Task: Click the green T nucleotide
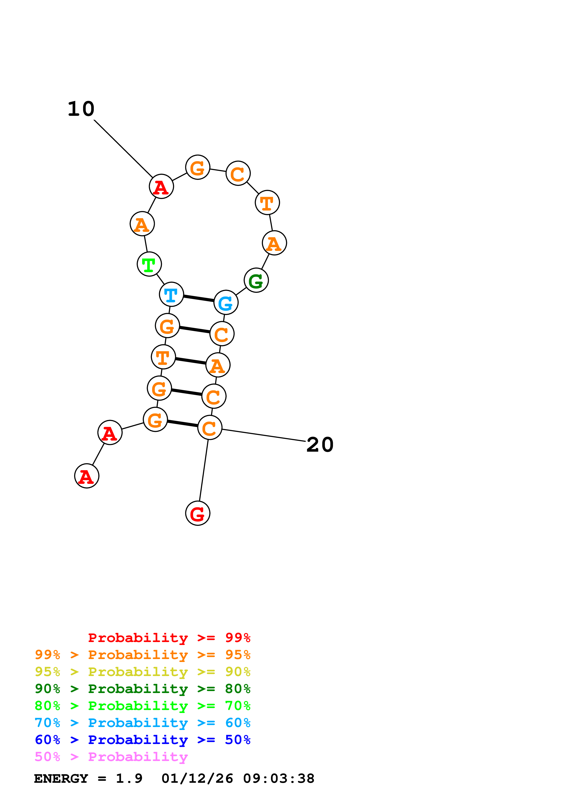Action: (149, 264)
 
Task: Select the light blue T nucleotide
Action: (171, 294)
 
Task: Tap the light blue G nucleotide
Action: (226, 303)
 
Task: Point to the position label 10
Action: (81, 109)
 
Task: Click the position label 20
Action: (320, 445)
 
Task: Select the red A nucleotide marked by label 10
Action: (161, 187)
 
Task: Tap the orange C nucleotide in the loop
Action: (238, 173)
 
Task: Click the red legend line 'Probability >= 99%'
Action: (169, 638)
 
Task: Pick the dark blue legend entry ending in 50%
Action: (143, 740)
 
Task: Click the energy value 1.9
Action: (129, 778)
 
